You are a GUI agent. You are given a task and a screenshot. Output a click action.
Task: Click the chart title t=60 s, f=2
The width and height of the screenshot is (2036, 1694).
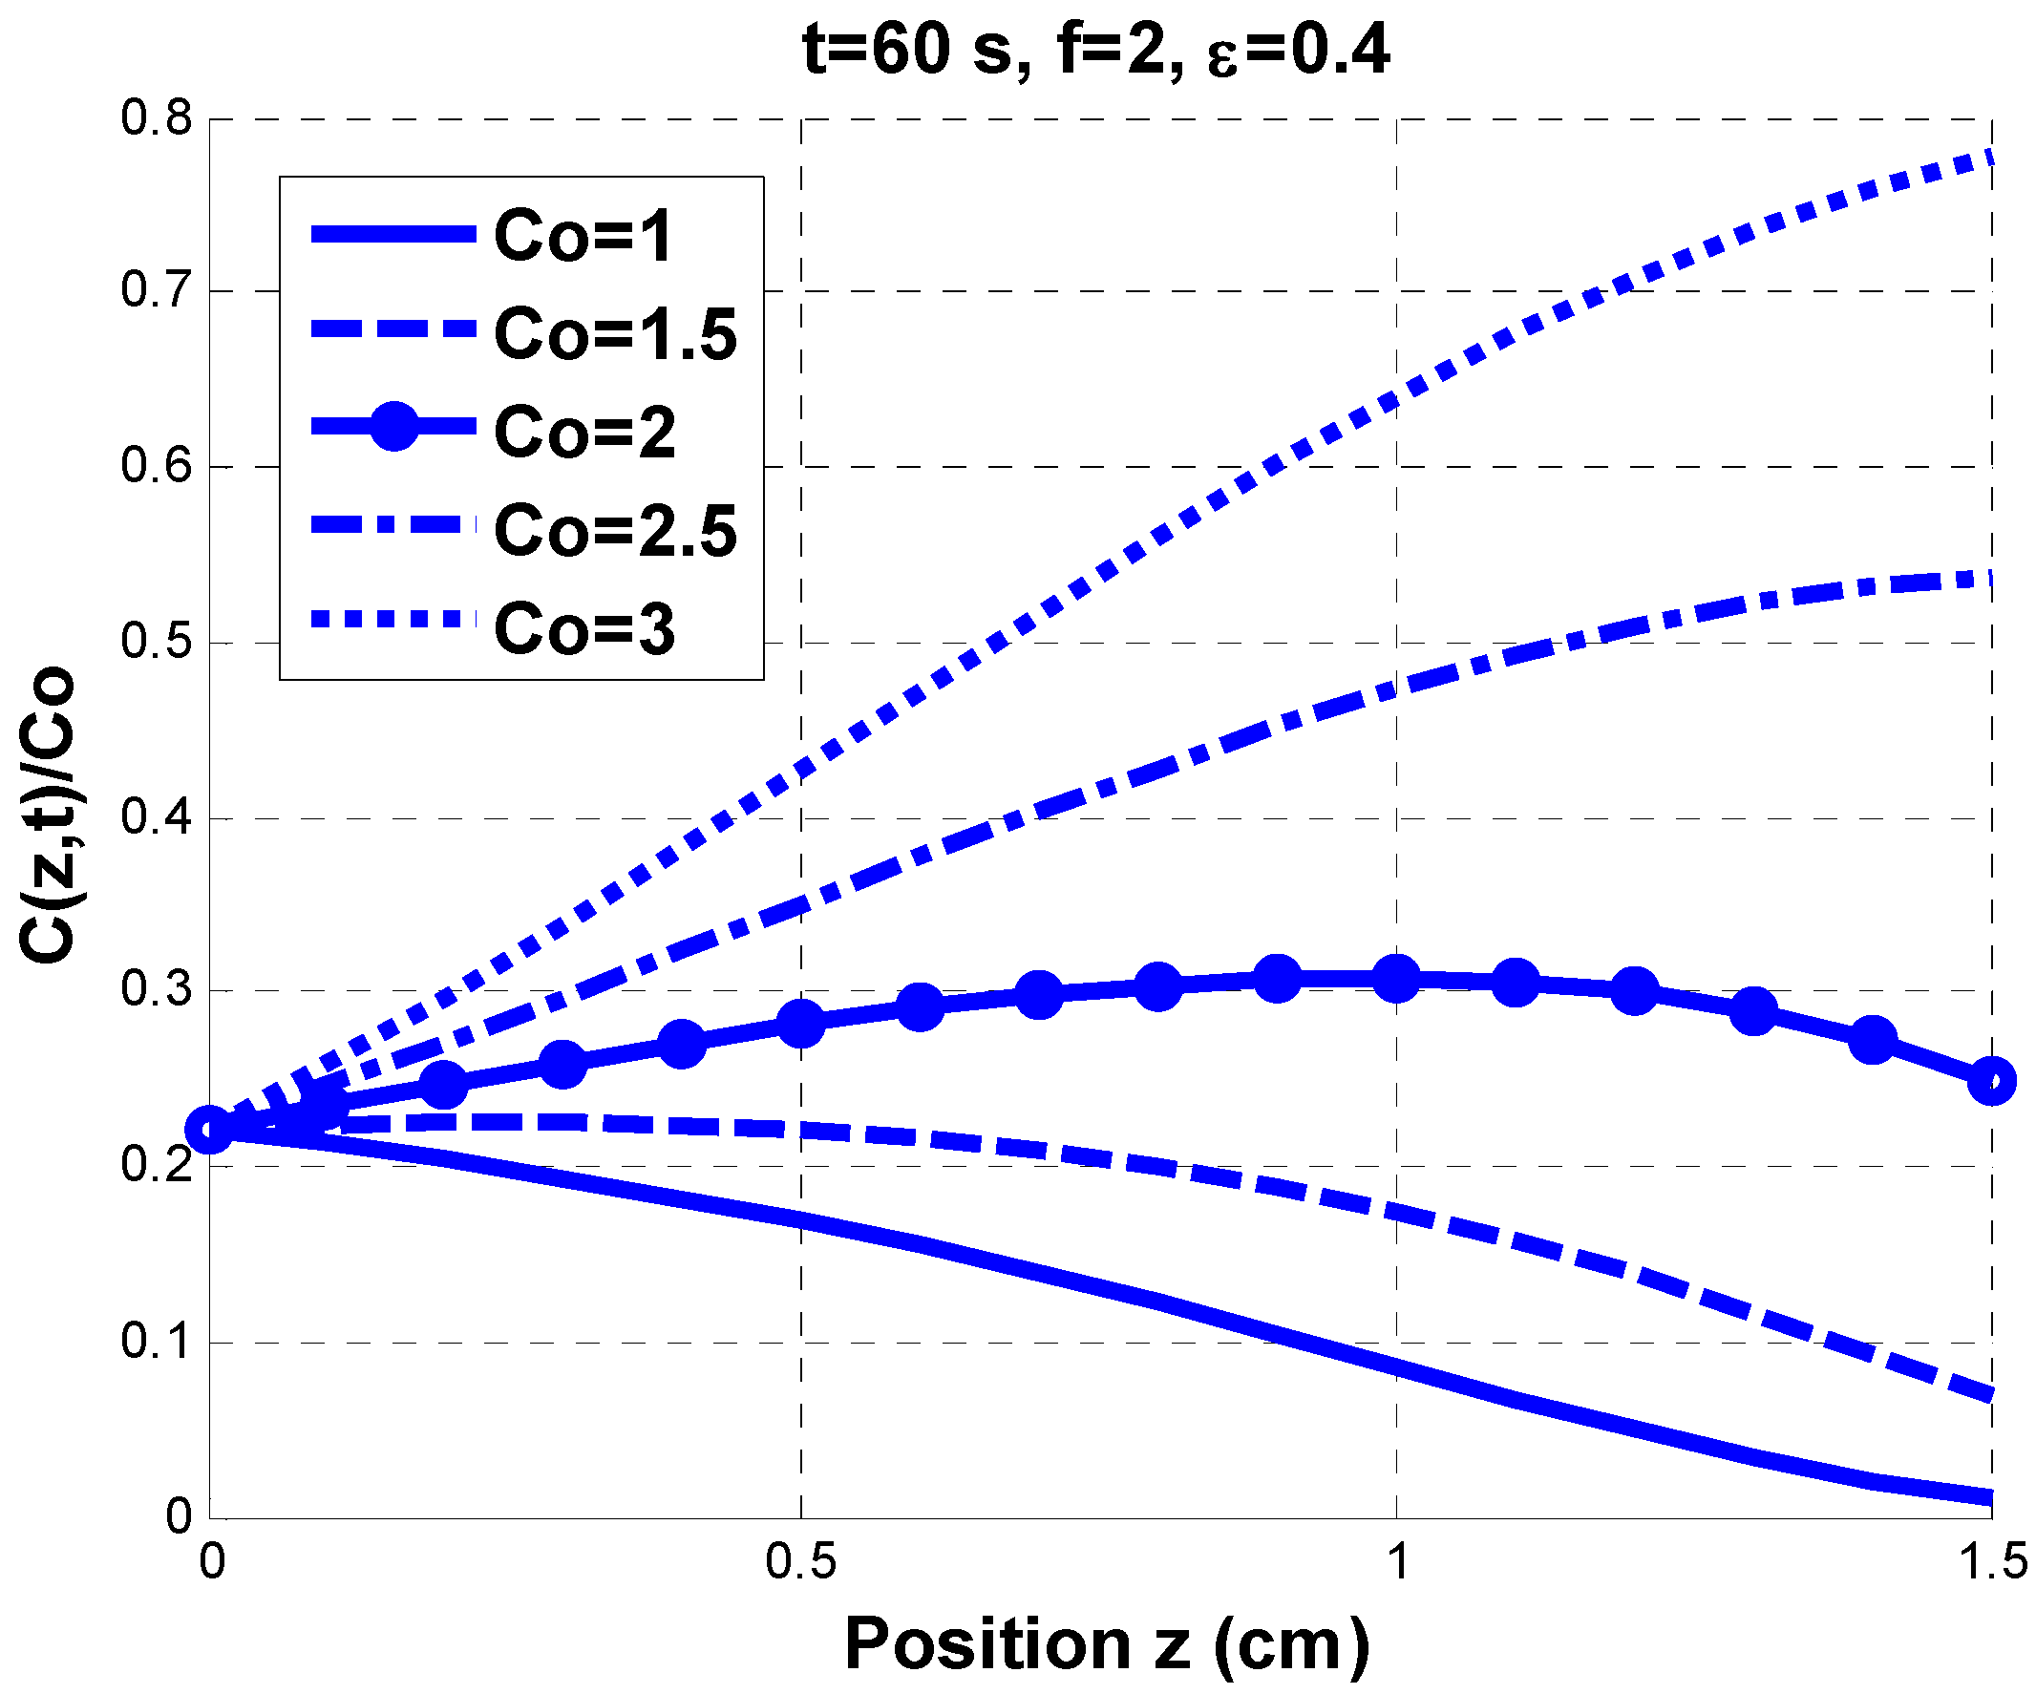coord(1096,51)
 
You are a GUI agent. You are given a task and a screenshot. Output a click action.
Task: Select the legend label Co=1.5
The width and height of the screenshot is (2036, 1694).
coord(615,333)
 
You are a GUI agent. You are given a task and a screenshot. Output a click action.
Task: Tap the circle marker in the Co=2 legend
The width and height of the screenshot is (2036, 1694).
coord(393,426)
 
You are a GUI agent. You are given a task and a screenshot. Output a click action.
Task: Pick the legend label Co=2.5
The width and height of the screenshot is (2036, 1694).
coord(615,530)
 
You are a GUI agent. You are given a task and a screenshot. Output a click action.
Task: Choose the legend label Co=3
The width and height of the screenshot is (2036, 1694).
coord(583,629)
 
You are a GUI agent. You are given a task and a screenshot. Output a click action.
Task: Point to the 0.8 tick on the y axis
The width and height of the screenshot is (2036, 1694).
coord(156,118)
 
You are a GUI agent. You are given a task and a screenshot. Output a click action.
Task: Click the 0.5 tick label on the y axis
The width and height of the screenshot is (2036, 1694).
coord(156,642)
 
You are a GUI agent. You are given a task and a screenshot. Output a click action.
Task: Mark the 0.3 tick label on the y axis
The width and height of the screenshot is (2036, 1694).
coord(156,990)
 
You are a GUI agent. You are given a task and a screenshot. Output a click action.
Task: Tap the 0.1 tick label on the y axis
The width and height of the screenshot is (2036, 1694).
coord(156,1342)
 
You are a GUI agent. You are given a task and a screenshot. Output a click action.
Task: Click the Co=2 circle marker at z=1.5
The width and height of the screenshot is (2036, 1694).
coord(1991,1080)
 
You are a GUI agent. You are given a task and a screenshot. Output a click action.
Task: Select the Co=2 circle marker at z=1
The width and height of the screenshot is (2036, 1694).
coord(1396,979)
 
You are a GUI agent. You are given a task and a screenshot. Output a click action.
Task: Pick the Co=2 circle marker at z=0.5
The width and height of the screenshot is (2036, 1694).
coord(801,1021)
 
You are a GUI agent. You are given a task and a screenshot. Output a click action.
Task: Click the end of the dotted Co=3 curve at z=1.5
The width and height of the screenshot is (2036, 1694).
coord(1989,158)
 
